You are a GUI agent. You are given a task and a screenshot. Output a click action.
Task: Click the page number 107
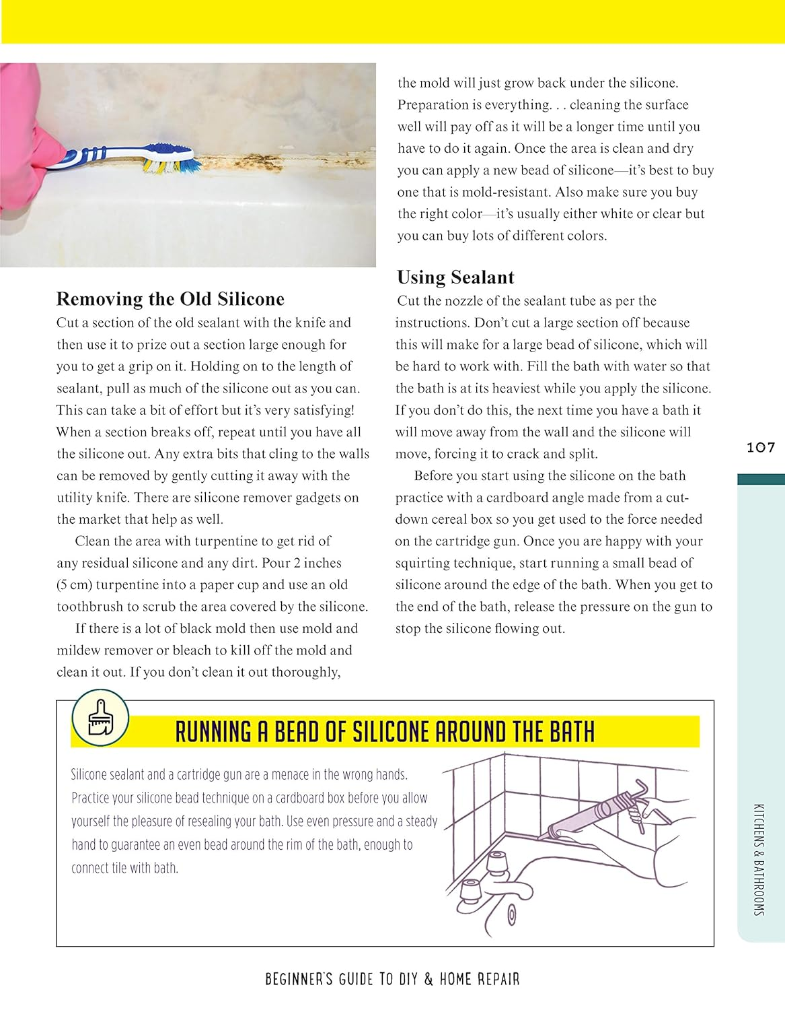761,448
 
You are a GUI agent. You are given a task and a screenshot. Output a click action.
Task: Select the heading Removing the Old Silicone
170,299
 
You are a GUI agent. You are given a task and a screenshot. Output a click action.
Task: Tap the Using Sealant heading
455,277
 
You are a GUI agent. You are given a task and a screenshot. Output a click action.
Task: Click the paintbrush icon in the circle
100,718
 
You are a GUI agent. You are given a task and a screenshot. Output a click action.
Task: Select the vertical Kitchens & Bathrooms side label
759,859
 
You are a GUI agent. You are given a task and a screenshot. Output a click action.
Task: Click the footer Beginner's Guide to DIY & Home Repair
392,979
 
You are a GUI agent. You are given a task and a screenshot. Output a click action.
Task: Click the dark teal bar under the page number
761,479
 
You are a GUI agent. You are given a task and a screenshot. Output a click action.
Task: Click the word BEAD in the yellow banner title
297,732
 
